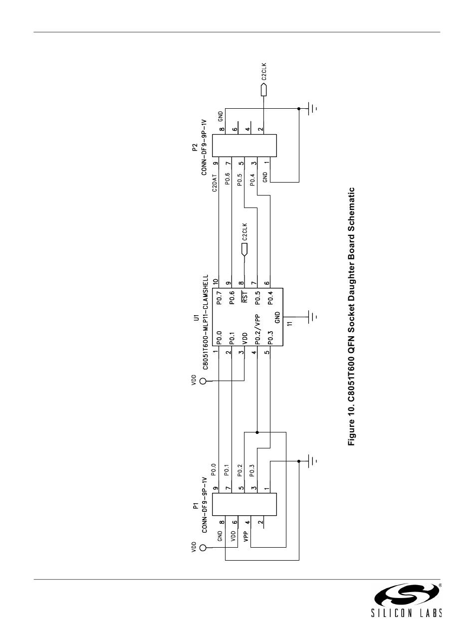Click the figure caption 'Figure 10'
[352, 316]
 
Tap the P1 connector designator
[196, 506]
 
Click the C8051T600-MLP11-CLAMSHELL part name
[205, 322]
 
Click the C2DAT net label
[215, 183]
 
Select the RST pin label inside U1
[244, 297]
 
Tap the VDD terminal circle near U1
[203, 382]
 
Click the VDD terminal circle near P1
[203, 548]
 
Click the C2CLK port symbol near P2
[264, 90]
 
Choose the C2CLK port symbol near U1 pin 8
[244, 248]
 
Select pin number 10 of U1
[215, 282]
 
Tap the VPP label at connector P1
[245, 537]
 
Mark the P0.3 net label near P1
[252, 470]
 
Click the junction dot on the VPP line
[257, 432]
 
